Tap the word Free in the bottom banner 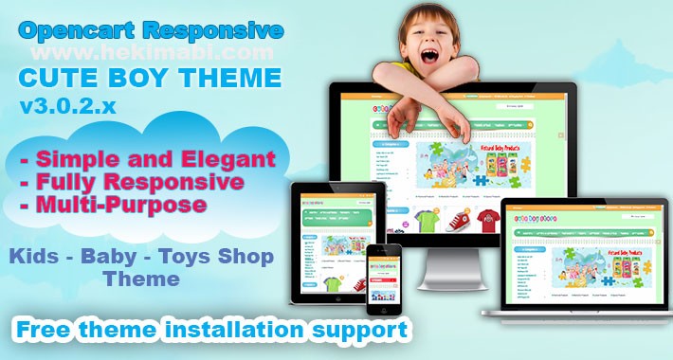(x=48, y=330)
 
